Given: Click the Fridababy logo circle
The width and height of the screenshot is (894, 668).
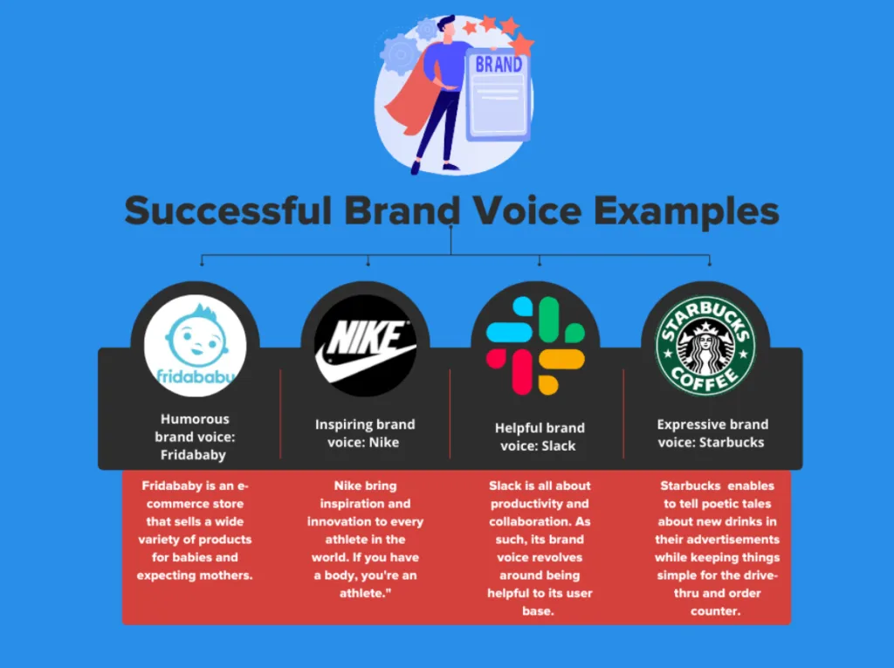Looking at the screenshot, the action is point(195,346).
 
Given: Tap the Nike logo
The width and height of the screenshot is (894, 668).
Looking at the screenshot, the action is point(366,346).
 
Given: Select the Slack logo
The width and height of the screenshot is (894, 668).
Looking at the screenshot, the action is point(535,346).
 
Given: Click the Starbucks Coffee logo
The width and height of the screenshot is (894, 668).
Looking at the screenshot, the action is point(705,346).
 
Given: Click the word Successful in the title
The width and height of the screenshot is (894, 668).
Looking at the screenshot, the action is point(229,210).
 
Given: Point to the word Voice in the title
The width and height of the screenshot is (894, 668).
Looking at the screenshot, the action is point(527,210).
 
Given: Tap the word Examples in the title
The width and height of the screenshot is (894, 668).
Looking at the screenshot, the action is point(686,211).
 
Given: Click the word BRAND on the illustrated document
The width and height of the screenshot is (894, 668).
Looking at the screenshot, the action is point(499,65).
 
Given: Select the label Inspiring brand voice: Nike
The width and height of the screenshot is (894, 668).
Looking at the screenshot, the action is point(365,433).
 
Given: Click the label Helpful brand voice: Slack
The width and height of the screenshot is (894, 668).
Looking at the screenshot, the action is point(540,437).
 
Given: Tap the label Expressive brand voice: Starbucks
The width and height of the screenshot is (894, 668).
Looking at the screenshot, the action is point(712,433).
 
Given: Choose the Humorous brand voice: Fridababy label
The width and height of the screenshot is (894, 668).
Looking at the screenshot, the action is point(195,437).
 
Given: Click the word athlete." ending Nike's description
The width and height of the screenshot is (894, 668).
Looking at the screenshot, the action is point(366,593).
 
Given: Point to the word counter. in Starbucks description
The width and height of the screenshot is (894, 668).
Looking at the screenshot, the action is point(716,611).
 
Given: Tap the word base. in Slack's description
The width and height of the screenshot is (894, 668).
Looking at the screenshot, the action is point(538,611).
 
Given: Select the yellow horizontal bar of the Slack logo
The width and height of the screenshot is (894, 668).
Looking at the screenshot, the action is point(562,360).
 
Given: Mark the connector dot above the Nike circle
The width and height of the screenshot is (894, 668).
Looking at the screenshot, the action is point(368,264).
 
